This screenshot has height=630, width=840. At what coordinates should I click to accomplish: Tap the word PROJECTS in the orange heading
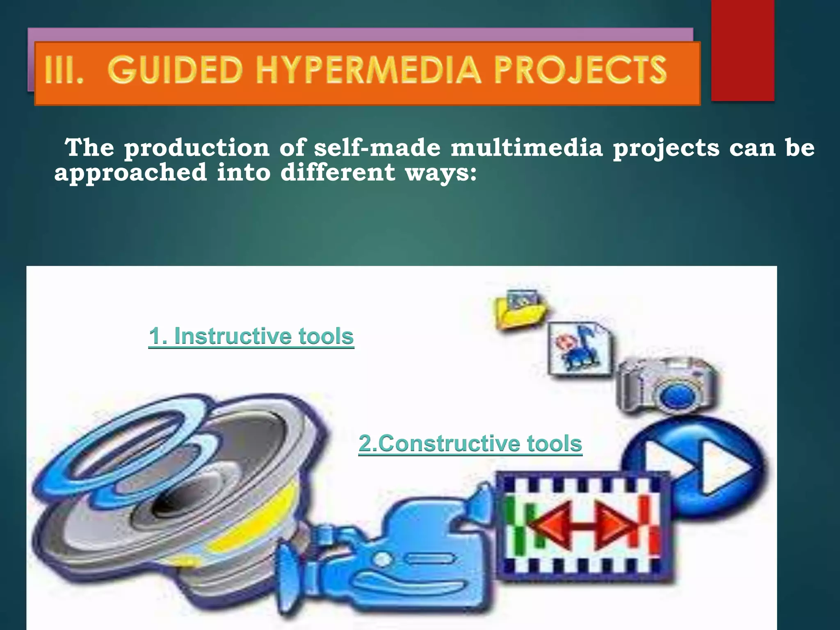(x=580, y=71)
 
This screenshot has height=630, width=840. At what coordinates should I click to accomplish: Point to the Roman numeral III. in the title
(x=64, y=71)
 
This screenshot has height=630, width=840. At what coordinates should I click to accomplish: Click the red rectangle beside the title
(x=742, y=50)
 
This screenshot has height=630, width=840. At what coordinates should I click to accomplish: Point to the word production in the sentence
(x=197, y=148)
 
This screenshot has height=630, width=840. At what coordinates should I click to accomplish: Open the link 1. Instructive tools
(x=251, y=336)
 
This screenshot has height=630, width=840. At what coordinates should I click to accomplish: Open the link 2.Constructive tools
(x=470, y=444)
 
